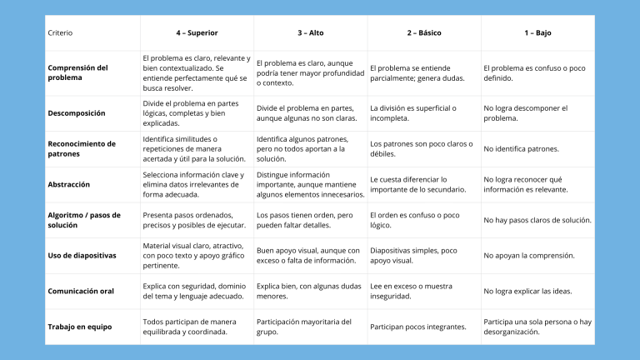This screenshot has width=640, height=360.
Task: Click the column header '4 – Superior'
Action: pos(197,33)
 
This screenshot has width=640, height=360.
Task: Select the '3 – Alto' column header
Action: pos(311,33)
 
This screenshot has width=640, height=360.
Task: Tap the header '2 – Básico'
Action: pos(424,33)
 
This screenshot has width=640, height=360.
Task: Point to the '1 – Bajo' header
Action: pos(537,33)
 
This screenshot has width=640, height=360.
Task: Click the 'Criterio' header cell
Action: pos(61,33)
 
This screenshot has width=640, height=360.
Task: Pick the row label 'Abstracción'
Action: pos(69,184)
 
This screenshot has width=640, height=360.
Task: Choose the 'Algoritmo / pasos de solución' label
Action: pos(82,220)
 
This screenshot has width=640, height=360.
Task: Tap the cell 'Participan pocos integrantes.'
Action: pos(418,327)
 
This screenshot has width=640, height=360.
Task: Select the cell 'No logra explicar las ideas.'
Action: pos(528,291)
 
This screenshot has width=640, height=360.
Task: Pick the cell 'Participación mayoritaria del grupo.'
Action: pos(304,326)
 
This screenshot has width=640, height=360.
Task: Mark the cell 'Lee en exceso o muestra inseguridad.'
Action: pos(412,291)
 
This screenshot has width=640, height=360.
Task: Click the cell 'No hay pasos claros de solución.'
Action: pos(537,220)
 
